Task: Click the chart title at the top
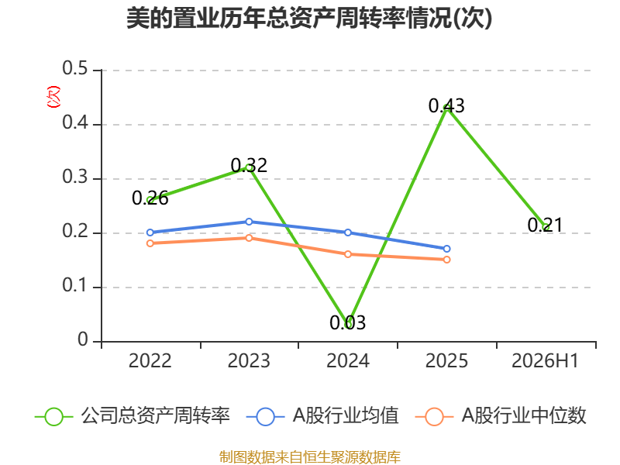309,18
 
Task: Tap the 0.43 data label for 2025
446,105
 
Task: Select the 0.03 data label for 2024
347,322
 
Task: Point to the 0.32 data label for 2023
249,165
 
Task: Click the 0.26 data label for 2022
150,198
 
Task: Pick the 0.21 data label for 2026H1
545,225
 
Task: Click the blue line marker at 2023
249,222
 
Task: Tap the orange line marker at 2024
347,254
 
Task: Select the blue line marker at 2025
446,249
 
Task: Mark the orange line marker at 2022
150,243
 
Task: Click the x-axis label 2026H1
545,360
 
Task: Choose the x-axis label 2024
347,360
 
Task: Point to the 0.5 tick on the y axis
75,68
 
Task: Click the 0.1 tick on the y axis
75,285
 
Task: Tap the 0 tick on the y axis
83,339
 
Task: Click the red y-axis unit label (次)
53,97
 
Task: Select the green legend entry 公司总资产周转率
133,416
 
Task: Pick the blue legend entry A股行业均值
322,416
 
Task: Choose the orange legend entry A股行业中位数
501,416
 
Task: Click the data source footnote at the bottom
310,456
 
